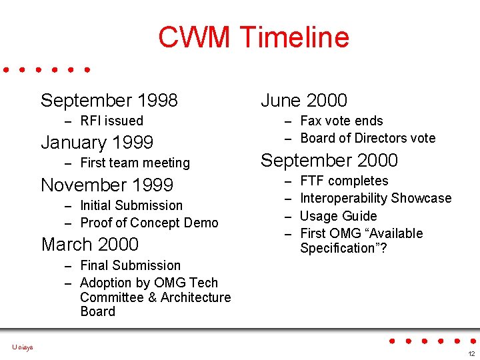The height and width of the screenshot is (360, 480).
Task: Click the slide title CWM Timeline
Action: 253,37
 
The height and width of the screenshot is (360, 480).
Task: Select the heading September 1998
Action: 109,101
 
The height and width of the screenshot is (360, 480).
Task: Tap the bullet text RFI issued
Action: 111,121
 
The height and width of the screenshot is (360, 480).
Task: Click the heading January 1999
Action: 97,143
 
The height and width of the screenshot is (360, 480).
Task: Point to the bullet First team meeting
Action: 135,163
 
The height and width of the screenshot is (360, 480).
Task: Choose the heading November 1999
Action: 107,185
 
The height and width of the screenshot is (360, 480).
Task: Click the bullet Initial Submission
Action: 131,205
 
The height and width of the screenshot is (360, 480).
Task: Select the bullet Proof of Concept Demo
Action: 149,223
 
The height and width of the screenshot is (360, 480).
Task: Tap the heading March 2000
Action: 90,245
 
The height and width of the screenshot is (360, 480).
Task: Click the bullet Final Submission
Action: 130,265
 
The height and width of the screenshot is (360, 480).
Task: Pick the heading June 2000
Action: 304,101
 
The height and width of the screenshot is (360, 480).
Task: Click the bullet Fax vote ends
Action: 341,121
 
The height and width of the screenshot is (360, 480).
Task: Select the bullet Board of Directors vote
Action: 367,138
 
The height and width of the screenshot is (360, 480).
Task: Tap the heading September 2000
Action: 329,161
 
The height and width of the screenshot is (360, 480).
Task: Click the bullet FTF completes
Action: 344,181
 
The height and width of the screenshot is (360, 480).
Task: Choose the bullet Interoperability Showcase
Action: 375,198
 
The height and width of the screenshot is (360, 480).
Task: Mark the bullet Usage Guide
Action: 338,216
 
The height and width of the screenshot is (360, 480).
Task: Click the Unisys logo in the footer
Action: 22,347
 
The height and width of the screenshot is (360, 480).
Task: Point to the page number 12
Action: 471,353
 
